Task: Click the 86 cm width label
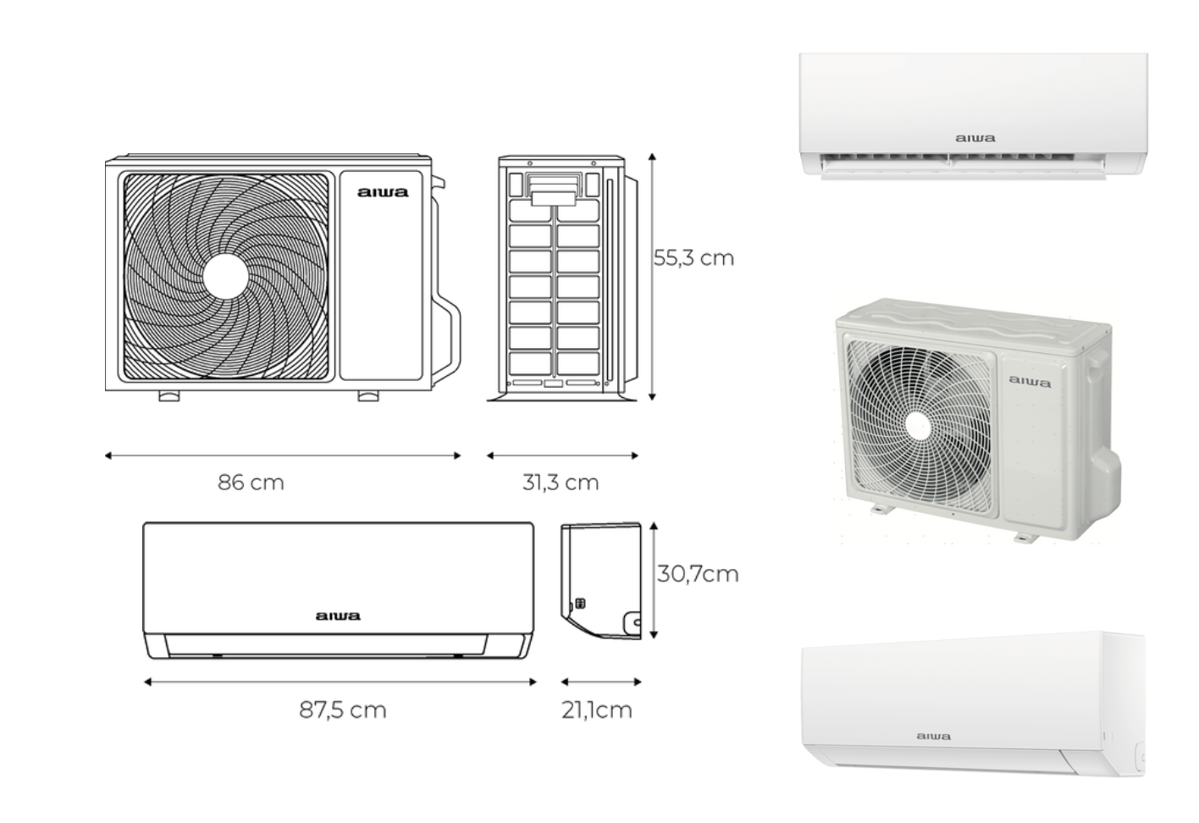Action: (251, 483)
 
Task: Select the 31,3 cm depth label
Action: (561, 483)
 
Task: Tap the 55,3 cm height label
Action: (693, 257)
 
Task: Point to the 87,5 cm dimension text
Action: (343, 710)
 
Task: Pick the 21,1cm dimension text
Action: (597, 710)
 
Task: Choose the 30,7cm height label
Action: (699, 574)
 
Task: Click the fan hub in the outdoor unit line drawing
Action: (224, 277)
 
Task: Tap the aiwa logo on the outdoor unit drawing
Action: (382, 192)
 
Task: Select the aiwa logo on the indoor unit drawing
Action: (338, 616)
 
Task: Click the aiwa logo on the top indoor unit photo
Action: (975, 138)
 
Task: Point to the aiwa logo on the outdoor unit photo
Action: (1030, 382)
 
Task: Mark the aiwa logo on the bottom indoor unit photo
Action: (933, 736)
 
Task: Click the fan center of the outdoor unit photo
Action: (919, 426)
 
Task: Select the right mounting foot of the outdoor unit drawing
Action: (369, 396)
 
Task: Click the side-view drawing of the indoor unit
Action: (601, 580)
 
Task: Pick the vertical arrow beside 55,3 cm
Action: (651, 278)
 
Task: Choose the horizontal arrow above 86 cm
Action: (283, 456)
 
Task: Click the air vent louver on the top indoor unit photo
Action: (953, 161)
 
